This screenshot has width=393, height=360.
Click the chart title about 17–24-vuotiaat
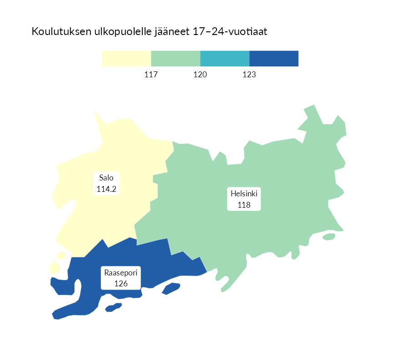click(149, 32)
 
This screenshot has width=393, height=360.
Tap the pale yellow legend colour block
click(126, 59)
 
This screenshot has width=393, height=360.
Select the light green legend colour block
click(176, 59)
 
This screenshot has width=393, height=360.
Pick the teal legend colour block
click(225, 59)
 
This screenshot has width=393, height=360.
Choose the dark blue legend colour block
click(274, 59)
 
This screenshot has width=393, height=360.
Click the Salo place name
click(106, 178)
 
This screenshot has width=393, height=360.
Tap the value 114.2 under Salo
click(106, 189)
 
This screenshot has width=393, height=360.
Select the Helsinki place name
click(244, 194)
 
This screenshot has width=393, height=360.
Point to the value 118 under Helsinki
click(244, 205)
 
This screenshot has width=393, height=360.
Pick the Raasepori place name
click(121, 273)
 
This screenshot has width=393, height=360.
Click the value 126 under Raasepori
click(121, 284)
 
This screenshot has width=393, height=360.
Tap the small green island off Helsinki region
click(329, 236)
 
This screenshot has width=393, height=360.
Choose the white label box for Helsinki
click(244, 199)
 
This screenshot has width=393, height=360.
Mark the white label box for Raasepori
click(121, 278)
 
